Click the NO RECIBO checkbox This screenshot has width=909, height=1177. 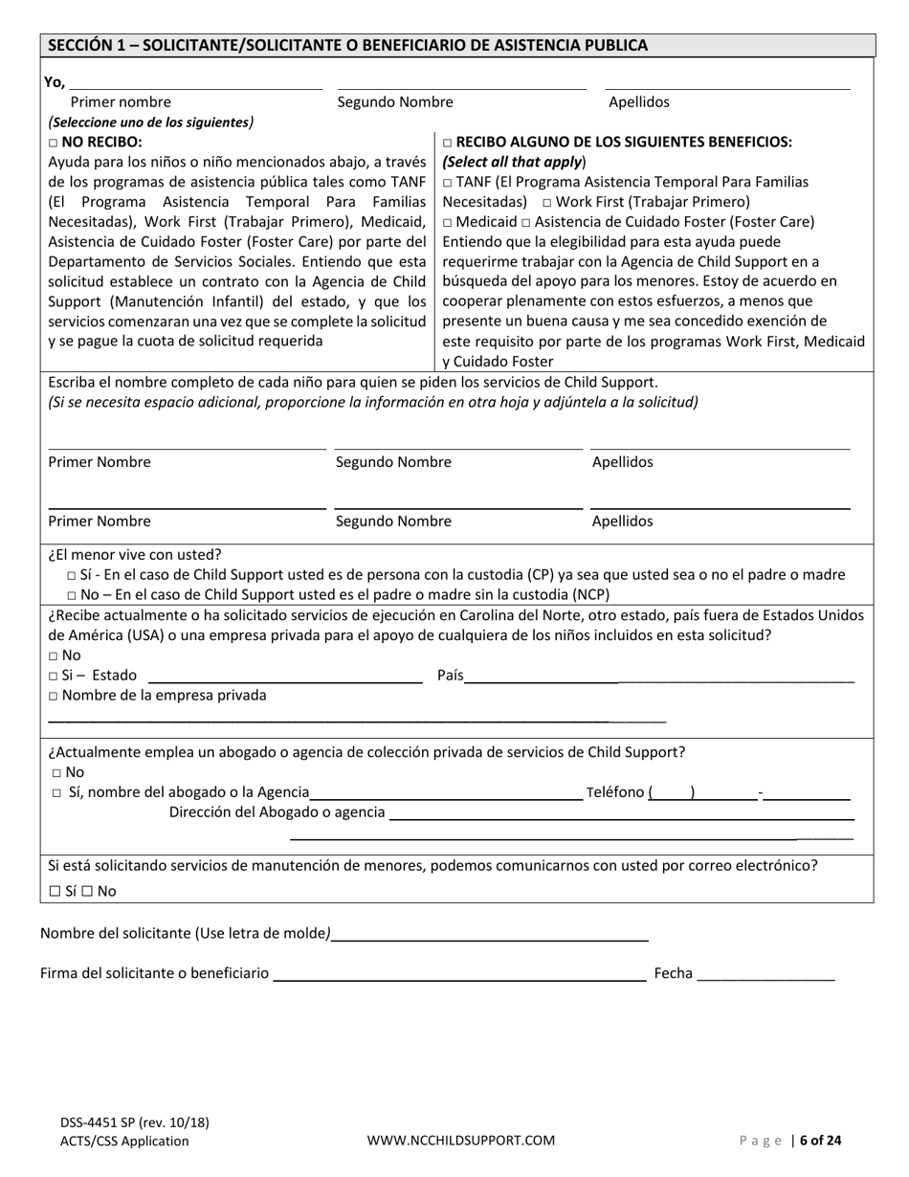pos(54,143)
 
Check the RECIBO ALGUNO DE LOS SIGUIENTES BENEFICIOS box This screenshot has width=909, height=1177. pos(448,143)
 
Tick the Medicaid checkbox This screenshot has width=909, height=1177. pos(448,222)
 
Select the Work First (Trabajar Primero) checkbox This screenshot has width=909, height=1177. pos(545,203)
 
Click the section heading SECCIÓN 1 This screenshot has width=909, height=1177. pos(347,45)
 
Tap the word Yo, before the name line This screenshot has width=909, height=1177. pos(55,82)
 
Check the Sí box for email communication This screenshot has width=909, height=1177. pos(55,891)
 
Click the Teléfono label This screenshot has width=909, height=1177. pos(613,792)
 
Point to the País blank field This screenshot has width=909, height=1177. pos(660,677)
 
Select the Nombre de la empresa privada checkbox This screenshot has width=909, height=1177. pos(54,696)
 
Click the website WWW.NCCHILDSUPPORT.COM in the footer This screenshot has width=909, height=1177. pos(461,1140)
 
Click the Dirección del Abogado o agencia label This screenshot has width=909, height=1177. pos(277,812)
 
